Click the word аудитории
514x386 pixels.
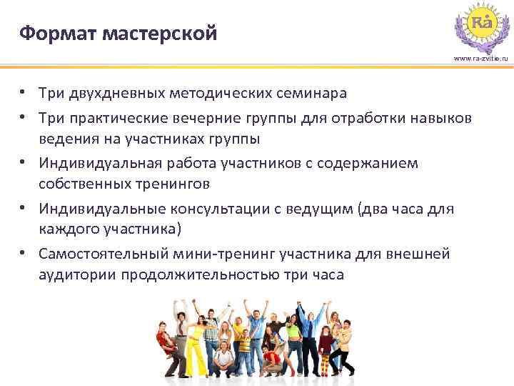pos(76,275)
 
